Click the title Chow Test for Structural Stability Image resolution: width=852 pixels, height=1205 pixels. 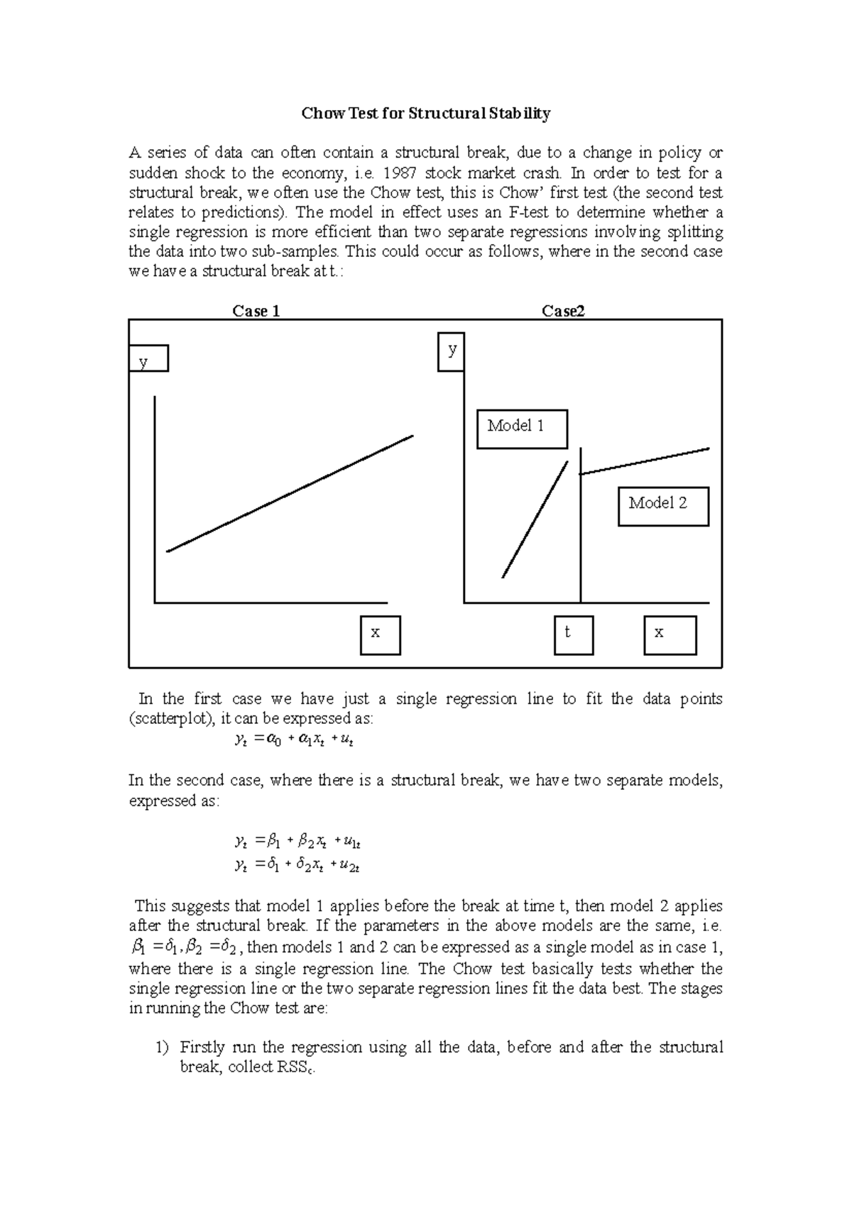(x=426, y=114)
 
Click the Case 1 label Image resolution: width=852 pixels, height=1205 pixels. (x=256, y=311)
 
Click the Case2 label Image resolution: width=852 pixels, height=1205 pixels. (x=563, y=311)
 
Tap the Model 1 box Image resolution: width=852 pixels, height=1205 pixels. (x=522, y=429)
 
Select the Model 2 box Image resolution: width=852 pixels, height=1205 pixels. (x=663, y=506)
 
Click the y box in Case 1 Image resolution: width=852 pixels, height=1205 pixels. (x=148, y=358)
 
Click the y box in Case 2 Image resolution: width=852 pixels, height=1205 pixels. (x=452, y=352)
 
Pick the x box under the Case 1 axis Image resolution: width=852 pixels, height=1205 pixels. (x=381, y=634)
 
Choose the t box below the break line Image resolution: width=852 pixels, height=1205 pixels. (x=574, y=634)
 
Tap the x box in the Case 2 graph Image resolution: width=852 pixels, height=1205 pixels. (x=670, y=634)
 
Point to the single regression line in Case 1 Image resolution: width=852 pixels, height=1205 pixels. (x=290, y=493)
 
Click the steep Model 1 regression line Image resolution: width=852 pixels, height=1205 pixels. (x=535, y=519)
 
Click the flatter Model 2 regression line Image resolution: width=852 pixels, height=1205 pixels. (x=645, y=461)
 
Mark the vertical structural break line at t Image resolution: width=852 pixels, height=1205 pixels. (x=581, y=539)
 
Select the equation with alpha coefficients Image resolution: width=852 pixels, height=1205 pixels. (x=294, y=740)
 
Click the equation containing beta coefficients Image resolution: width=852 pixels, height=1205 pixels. (x=298, y=842)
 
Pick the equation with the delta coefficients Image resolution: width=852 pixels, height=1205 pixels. (x=298, y=865)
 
